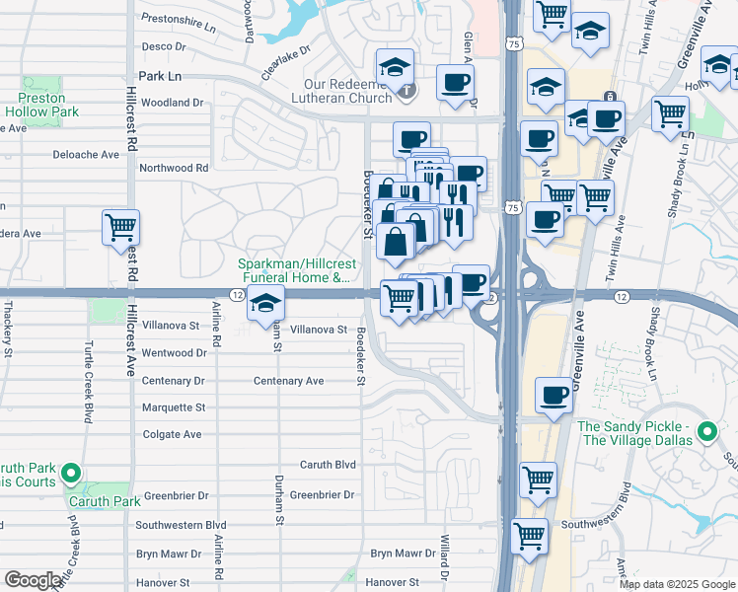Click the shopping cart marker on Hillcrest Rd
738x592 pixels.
coord(120,227)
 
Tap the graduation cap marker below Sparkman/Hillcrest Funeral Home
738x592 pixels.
coord(265,305)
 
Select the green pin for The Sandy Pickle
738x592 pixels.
coord(706,432)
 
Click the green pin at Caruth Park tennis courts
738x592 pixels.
coord(70,475)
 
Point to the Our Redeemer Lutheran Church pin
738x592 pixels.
coord(408,91)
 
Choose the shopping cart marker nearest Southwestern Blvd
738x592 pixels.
coord(530,536)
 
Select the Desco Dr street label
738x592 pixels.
coord(164,45)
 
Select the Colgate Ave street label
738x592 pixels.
coord(172,434)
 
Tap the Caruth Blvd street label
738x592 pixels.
coord(328,464)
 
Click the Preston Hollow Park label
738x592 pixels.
coord(40,106)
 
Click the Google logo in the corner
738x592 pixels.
coord(33,579)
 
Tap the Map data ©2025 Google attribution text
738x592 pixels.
coord(677,584)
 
